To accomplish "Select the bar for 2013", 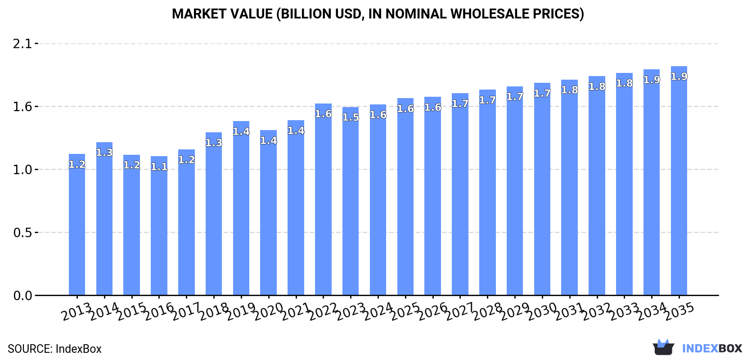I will (77, 225).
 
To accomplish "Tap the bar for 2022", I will (323, 200).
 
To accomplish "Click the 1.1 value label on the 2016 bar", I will (159, 167).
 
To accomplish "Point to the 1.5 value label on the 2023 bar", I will (351, 117).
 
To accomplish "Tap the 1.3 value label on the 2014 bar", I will (104, 153).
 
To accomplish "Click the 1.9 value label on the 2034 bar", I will (652, 80).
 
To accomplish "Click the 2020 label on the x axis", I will (268, 311).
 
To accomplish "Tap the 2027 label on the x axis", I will (460, 311).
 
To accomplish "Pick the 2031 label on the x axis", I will (569, 311).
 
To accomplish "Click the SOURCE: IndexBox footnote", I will (54, 349).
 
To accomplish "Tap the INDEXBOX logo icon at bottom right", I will (663, 347).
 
